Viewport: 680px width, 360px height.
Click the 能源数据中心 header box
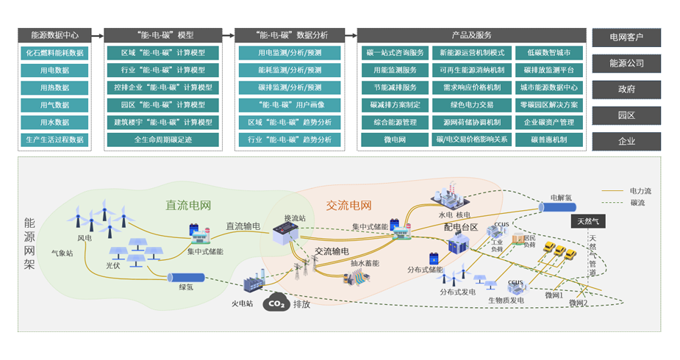pyautogui.click(x=55, y=35)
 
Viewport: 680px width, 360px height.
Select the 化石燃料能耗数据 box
pyautogui.click(x=55, y=53)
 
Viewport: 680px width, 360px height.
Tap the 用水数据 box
pyautogui.click(x=55, y=122)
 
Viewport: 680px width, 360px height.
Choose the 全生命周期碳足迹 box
pyautogui.click(x=164, y=139)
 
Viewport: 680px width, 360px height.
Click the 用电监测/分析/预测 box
pyautogui.click(x=290, y=53)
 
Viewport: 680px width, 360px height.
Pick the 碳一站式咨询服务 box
pyautogui.click(x=395, y=53)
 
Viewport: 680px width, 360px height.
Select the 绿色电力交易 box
pyautogui.click(x=473, y=104)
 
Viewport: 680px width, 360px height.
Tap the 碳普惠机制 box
pyautogui.click(x=549, y=139)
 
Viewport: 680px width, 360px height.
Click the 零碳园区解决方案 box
pyautogui.click(x=549, y=104)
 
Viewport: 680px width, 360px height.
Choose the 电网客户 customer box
pyautogui.click(x=626, y=37)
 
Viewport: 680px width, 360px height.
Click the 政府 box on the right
pyautogui.click(x=626, y=89)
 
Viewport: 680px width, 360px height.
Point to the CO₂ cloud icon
pyautogui.click(x=276, y=303)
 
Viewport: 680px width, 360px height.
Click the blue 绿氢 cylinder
pyautogui.click(x=186, y=278)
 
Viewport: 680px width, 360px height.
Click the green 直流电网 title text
pyautogui.click(x=187, y=206)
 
